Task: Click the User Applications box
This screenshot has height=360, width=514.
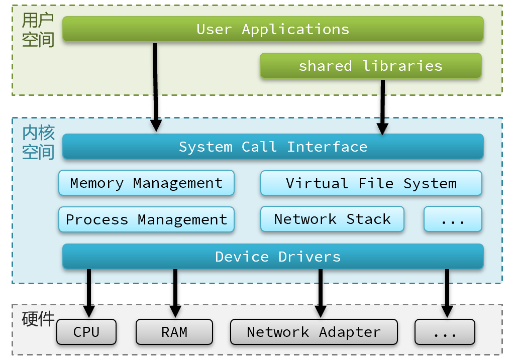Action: point(273,29)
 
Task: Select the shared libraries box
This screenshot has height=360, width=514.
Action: point(371,66)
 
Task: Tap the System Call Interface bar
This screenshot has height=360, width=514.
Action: point(273,147)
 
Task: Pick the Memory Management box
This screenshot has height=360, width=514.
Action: point(146,183)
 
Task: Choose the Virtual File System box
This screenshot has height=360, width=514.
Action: point(371,183)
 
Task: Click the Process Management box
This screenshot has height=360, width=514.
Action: point(146,219)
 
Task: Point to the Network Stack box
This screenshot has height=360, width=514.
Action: point(332,219)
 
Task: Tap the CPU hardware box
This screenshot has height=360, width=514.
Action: point(86,332)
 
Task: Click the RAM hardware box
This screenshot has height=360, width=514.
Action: point(174,332)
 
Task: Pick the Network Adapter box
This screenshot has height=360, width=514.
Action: point(314,332)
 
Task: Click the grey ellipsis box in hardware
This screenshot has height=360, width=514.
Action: point(445,332)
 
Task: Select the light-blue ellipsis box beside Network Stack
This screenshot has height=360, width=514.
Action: point(453,219)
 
